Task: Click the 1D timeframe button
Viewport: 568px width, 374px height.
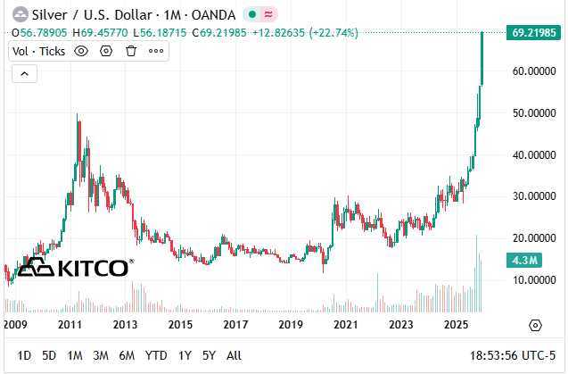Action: [24, 355]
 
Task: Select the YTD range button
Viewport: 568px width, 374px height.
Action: [156, 355]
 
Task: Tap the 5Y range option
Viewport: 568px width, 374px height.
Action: [209, 355]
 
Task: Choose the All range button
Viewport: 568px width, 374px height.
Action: [234, 355]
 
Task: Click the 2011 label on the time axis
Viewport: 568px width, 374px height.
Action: [70, 324]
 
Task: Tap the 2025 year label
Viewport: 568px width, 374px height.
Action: [456, 324]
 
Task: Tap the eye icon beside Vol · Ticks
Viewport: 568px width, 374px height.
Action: [81, 51]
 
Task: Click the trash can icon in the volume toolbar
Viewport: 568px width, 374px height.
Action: [130, 51]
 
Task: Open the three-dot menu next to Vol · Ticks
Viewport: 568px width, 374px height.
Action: [156, 51]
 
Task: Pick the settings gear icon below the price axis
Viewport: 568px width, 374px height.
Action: [535, 324]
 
